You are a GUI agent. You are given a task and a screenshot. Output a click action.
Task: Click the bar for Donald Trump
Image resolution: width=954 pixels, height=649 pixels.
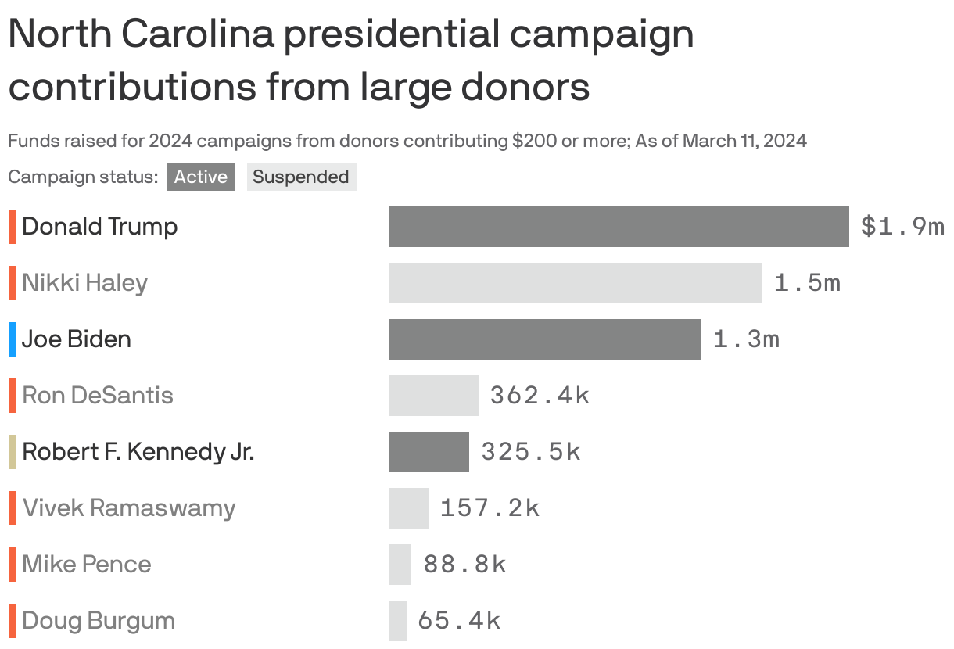[619, 227]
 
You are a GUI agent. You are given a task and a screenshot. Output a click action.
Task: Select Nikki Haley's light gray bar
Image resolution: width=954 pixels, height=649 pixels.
[575, 283]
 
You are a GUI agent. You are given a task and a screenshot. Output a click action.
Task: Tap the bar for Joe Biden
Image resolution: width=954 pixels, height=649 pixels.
[544, 339]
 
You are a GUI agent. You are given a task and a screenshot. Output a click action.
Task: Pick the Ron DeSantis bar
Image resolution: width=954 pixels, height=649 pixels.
[433, 396]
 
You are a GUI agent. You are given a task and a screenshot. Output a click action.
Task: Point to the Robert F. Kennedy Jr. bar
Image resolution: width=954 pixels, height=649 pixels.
[429, 452]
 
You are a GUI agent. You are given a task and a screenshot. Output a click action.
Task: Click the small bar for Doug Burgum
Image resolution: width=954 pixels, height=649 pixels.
[398, 621]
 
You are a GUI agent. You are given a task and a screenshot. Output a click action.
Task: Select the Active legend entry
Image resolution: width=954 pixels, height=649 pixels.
[200, 177]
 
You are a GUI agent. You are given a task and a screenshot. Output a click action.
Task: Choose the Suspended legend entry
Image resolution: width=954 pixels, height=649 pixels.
[301, 177]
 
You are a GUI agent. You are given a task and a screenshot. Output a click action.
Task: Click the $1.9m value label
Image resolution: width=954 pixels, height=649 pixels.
[902, 227]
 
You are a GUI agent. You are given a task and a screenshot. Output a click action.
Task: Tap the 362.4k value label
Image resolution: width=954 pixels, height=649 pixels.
[540, 396]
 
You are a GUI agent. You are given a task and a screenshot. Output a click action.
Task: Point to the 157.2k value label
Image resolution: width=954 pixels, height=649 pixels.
[490, 508]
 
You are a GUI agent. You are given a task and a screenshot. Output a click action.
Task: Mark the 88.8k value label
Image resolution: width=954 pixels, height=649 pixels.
[464, 565]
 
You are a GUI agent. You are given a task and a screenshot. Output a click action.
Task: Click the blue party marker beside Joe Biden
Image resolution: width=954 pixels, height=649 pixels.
[13, 339]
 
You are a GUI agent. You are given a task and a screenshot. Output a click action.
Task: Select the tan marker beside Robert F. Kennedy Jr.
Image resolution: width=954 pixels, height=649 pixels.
[13, 452]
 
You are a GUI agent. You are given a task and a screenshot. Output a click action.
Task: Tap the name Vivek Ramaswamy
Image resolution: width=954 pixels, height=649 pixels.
[129, 508]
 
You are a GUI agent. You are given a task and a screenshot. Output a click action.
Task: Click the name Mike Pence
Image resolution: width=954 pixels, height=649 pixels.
[87, 565]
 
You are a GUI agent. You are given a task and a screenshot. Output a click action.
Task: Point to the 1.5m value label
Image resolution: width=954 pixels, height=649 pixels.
[807, 283]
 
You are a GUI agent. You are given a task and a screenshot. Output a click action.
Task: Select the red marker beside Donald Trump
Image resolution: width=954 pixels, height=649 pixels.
[13, 227]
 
